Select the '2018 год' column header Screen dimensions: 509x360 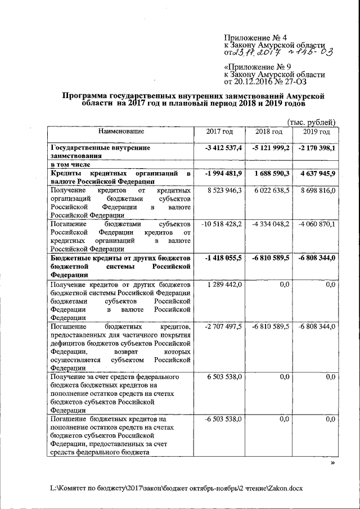268,132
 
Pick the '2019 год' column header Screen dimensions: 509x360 316,132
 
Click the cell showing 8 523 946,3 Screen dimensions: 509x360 224,191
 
